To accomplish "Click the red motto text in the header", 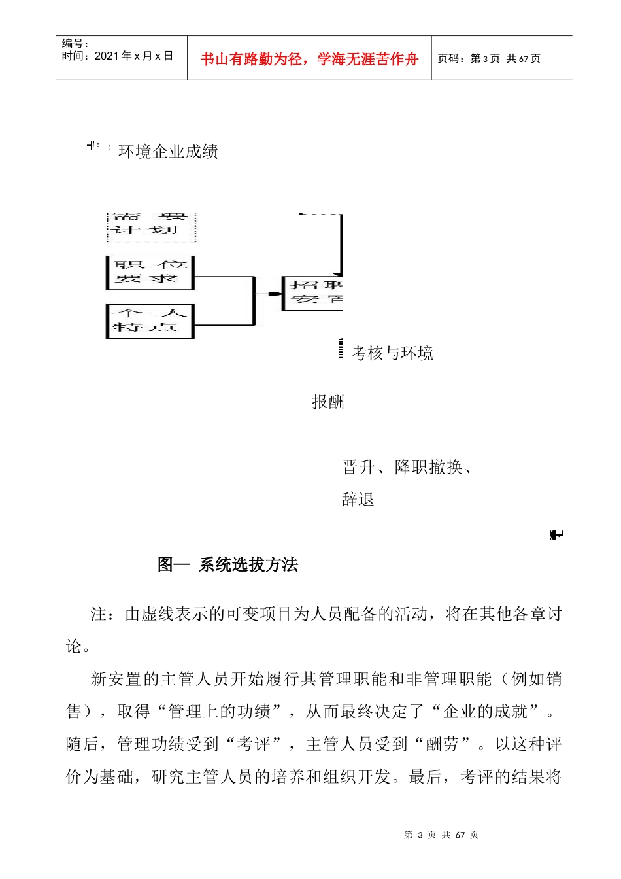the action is pos(309,59).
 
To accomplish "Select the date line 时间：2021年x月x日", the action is pos(117,56).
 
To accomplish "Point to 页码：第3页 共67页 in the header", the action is pos(488,59).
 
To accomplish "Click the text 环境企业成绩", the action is pos(168,152).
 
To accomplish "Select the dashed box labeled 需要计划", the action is pos(150,224).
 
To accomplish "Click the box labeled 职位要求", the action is pos(150,273).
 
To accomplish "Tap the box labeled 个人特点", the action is pos(150,321).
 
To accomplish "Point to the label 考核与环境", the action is pos(392,353).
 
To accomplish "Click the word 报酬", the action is pos(327,402).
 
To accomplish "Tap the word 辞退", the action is pos(358,500).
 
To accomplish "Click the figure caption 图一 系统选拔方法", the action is pos(227,564).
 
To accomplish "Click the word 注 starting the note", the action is pos(99,614).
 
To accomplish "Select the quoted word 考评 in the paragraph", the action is pos(254,744).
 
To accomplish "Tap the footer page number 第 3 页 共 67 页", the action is pos(441,835).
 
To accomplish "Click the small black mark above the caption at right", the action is pos(556,535).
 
